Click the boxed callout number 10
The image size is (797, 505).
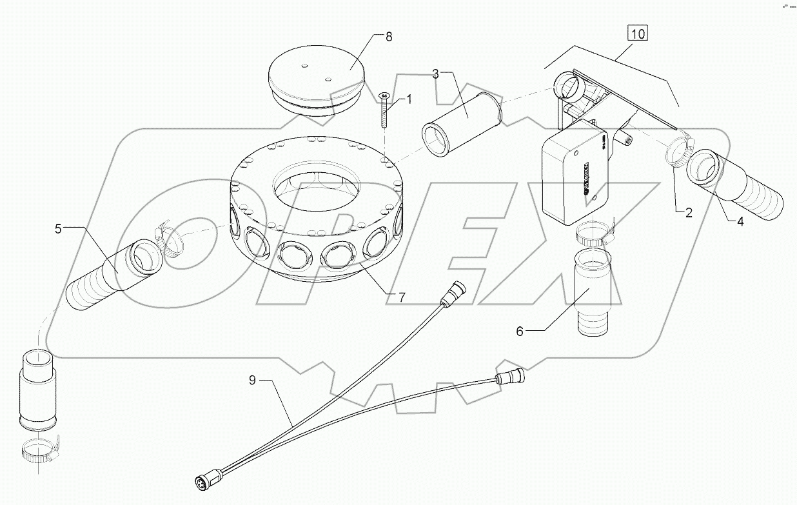coord(637,34)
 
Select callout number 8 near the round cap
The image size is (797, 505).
coord(388,36)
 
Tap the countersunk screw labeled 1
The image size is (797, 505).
coord(384,110)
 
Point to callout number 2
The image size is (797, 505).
coord(689,213)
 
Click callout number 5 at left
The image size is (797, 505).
coord(58,227)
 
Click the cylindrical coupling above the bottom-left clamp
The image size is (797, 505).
coord(38,390)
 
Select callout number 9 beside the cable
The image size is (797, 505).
coord(253,380)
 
